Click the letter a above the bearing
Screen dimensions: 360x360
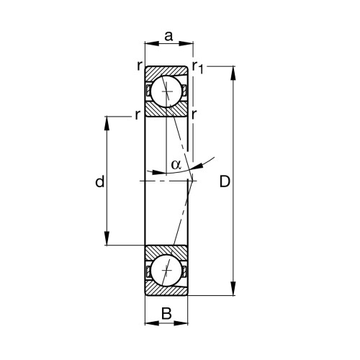[x=168, y=34]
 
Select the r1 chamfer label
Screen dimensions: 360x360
[x=199, y=68]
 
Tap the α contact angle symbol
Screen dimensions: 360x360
[x=176, y=164]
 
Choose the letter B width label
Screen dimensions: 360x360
[x=166, y=313]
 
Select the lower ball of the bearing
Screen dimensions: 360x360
[x=166, y=271]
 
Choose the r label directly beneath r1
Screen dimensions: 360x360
[x=195, y=114]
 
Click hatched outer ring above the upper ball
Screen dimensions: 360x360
[x=166, y=71]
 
